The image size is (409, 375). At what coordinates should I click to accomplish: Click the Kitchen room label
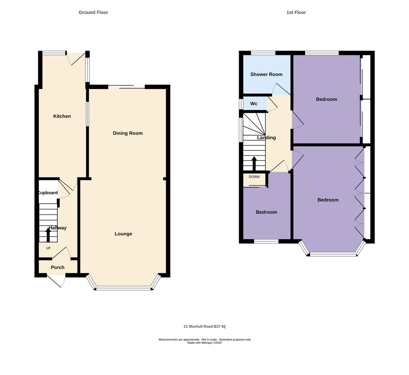point(62,116)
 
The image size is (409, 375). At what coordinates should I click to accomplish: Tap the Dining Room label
point(128,133)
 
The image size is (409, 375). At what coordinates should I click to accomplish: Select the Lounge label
point(123,234)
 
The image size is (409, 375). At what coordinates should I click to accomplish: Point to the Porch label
point(58,267)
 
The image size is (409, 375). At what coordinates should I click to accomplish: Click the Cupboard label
point(48,193)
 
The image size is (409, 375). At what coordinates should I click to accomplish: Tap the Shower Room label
point(266,74)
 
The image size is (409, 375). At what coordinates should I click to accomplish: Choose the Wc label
point(254,104)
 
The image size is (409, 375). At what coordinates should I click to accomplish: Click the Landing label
point(266,138)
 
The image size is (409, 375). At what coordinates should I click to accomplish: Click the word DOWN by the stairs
point(254,177)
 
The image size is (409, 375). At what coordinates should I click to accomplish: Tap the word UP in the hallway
point(48,248)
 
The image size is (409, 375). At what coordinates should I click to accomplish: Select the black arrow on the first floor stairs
point(254,163)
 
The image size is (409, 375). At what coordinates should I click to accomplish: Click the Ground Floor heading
point(93,12)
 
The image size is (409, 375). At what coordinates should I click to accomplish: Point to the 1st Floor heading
point(296,12)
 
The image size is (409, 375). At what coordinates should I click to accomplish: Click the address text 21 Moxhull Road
point(204,326)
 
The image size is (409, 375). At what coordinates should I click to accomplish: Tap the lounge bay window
point(124,288)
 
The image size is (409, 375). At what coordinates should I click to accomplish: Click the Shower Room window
point(263,53)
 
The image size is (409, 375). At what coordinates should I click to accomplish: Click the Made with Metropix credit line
point(204,343)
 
